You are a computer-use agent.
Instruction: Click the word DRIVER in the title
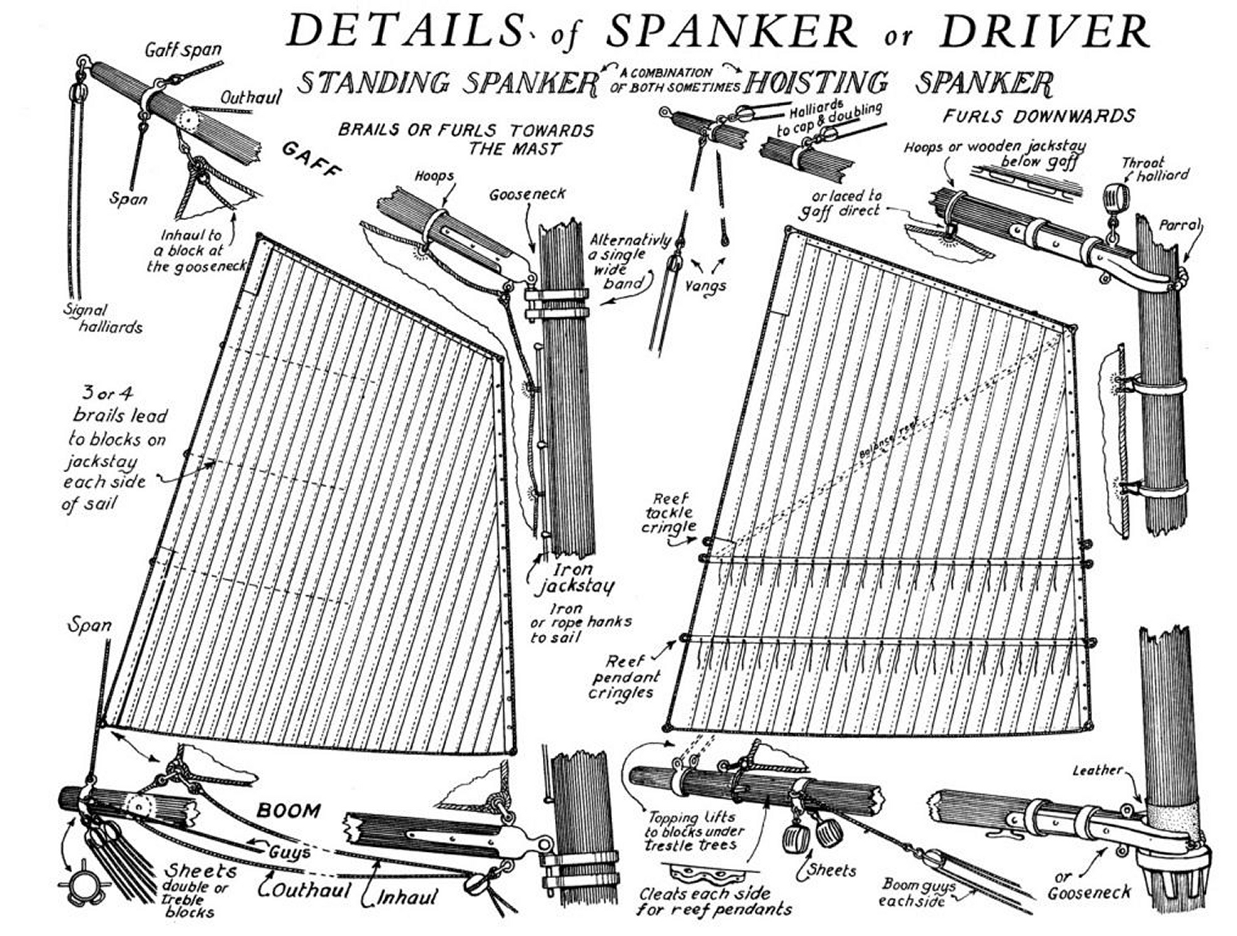pyautogui.click(x=1045, y=31)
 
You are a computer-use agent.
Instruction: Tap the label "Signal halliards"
pyautogui.click(x=103, y=318)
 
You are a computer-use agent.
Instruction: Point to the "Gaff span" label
pyautogui.click(x=182, y=50)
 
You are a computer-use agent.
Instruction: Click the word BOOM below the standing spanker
pyautogui.click(x=288, y=810)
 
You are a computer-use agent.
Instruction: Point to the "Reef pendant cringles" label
pyautogui.click(x=621, y=677)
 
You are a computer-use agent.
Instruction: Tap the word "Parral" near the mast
pyautogui.click(x=1180, y=226)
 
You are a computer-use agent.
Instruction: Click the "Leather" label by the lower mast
pyautogui.click(x=1097, y=770)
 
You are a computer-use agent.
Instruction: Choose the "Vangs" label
pyautogui.click(x=706, y=286)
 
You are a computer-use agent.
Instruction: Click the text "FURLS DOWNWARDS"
pyautogui.click(x=1039, y=115)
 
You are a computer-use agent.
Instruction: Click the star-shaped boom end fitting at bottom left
pyautogui.click(x=83, y=882)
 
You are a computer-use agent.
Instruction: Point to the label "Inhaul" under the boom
pyautogui.click(x=407, y=897)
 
